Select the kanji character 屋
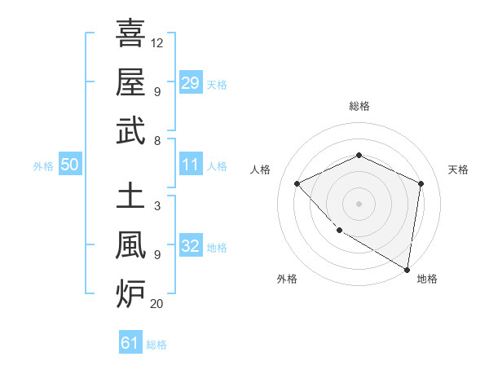point(130,81)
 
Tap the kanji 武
point(130,130)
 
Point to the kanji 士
point(130,196)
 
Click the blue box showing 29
point(191,82)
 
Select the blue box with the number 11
point(191,165)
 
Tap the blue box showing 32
point(191,246)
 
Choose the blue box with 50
point(69,165)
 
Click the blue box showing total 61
point(130,343)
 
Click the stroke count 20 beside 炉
point(157,304)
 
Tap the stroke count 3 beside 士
point(156,206)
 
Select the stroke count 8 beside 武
point(156,140)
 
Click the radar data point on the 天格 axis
point(421,183)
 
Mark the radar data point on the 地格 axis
point(407,269)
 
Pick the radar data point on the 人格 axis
point(297,183)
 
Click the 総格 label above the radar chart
point(359,106)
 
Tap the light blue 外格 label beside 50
point(43,165)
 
